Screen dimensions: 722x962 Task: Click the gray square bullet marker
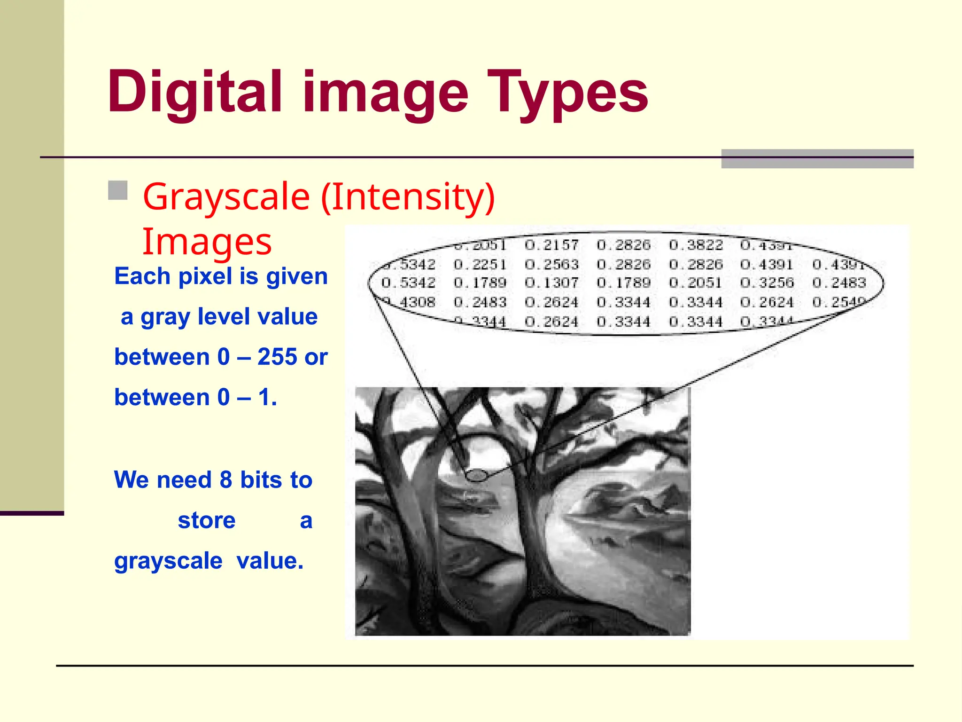pos(118,190)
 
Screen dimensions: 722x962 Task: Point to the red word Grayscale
pos(226,197)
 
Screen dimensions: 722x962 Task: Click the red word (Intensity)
pos(408,196)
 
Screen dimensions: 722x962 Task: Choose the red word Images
pos(207,242)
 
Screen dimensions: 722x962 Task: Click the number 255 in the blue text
pos(277,357)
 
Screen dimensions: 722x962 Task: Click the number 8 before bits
pos(226,480)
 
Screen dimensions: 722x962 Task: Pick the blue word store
pos(207,520)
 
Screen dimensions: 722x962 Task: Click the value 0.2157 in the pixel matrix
pos(551,245)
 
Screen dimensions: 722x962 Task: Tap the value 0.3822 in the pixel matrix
pos(696,245)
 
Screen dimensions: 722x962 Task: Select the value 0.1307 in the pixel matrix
pos(551,283)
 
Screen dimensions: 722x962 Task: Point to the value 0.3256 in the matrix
pos(767,283)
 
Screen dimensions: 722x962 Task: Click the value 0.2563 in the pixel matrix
pos(551,264)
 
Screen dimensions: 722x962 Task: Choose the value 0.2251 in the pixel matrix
pos(480,264)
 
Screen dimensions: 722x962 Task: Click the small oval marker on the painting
pos(476,476)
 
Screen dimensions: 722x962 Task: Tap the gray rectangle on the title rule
pos(817,159)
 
